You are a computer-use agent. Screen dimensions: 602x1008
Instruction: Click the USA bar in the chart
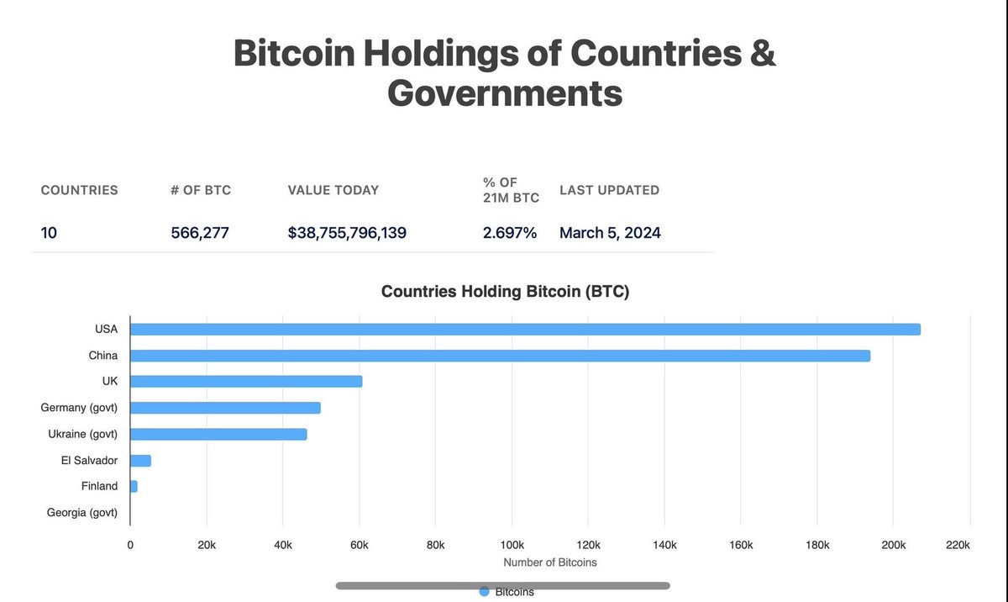(x=525, y=329)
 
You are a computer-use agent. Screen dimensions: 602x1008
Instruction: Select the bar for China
(x=500, y=356)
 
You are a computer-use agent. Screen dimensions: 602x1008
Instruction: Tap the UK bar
(x=246, y=382)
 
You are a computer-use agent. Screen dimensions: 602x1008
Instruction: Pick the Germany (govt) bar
(x=225, y=408)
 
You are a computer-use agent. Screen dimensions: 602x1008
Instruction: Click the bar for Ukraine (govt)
(x=218, y=434)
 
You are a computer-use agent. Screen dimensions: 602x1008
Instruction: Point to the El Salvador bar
(x=140, y=461)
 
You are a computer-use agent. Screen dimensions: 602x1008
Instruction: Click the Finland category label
(x=99, y=486)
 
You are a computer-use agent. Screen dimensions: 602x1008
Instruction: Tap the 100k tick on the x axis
(x=512, y=545)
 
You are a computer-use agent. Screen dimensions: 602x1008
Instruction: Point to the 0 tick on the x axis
(x=130, y=545)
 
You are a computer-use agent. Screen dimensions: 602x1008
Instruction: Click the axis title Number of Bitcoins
(x=549, y=562)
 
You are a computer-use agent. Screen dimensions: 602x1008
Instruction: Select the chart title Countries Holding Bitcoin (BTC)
(x=505, y=292)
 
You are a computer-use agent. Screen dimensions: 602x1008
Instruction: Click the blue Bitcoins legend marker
(x=484, y=592)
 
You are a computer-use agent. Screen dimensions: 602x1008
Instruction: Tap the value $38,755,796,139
(x=347, y=233)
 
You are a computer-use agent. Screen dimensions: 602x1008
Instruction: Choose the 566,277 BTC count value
(x=201, y=233)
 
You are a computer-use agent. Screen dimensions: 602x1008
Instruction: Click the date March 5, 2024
(x=610, y=233)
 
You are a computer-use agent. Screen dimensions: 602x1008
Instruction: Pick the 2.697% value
(x=509, y=233)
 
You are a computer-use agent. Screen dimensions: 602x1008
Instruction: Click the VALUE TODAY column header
(x=333, y=190)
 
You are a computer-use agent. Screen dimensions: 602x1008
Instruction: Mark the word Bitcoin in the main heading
(x=292, y=53)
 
